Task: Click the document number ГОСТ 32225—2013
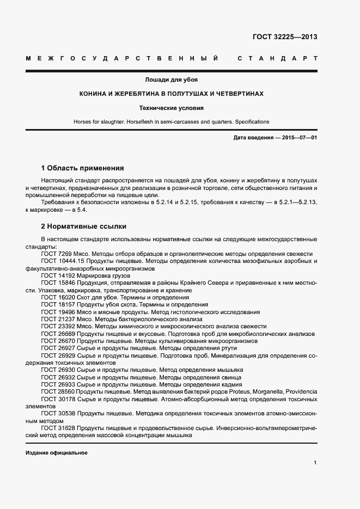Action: (x=285, y=37)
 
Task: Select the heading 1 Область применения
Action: (x=82, y=168)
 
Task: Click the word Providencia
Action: (x=300, y=391)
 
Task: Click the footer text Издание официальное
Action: (x=56, y=453)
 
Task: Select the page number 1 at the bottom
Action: (x=315, y=463)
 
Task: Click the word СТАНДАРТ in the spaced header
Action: (x=277, y=58)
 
